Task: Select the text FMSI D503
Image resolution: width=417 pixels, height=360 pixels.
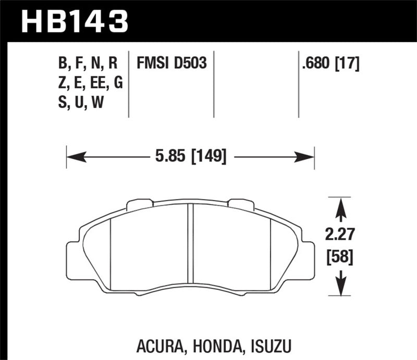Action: [x=171, y=64]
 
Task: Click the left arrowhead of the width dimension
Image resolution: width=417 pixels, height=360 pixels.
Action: [x=73, y=155]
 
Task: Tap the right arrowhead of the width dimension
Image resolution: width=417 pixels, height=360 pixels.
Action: [x=308, y=155]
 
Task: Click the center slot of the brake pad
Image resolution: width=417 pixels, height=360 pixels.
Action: [x=190, y=245]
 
